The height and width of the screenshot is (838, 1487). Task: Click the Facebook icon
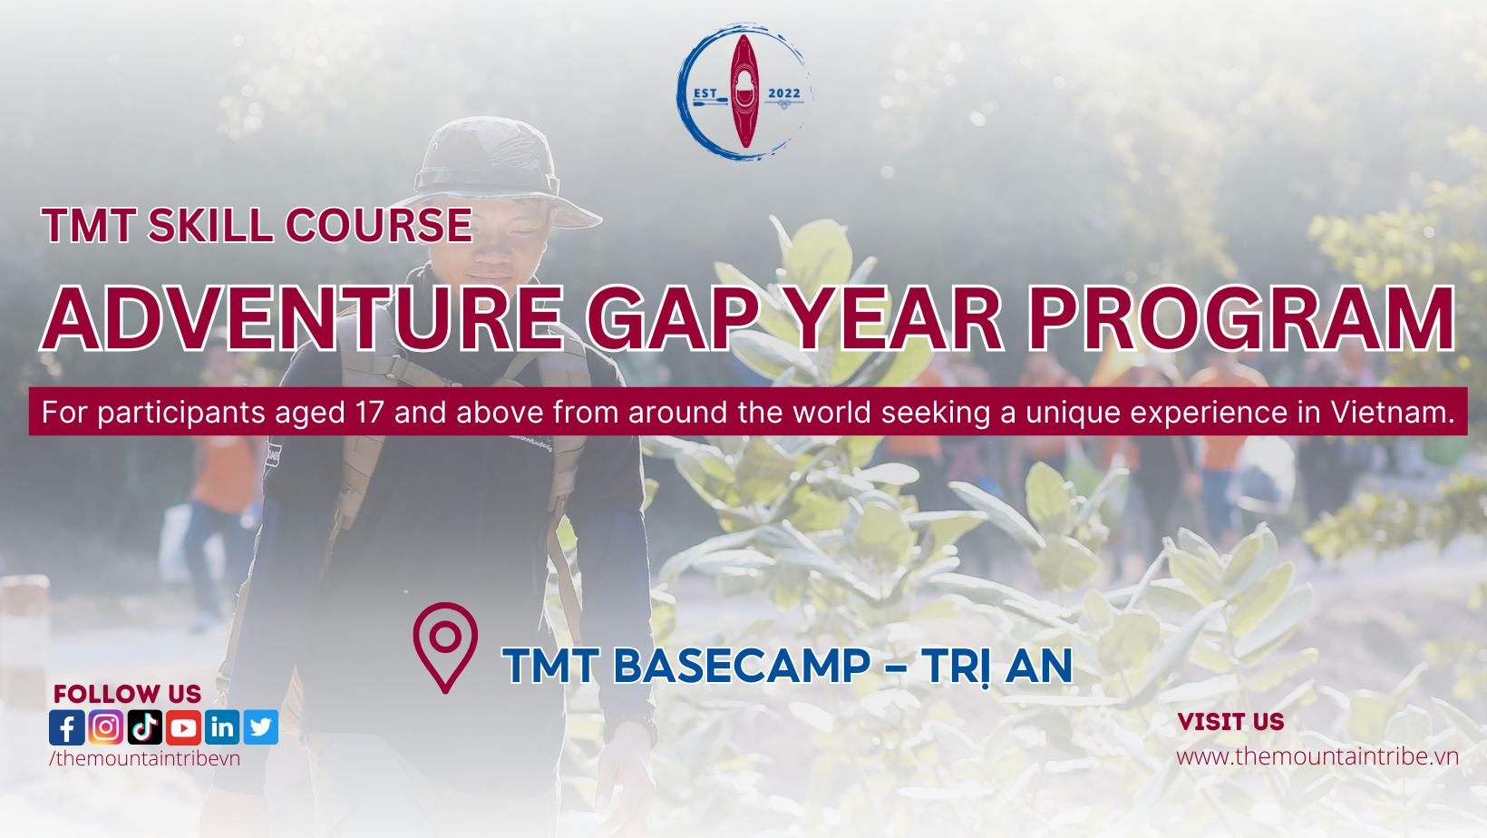point(67,727)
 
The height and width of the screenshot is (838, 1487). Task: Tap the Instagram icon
point(106,727)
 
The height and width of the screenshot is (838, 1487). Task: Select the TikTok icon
point(145,727)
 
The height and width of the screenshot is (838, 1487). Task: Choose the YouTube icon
point(183,727)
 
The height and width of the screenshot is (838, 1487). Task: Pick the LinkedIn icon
point(222,727)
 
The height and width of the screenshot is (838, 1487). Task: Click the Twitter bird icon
point(261,727)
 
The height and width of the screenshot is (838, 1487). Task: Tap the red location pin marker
point(445,646)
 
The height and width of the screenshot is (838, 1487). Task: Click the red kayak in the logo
point(744,92)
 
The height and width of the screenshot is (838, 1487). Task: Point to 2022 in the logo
point(784,93)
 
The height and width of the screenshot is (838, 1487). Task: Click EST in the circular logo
point(705,93)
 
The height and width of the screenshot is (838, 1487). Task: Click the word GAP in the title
point(673,319)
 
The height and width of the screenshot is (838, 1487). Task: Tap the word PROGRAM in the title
point(1240,319)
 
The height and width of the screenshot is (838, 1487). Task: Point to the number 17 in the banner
point(370,413)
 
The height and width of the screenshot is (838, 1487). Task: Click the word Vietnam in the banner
point(1392,413)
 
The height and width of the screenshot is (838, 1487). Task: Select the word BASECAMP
point(742,667)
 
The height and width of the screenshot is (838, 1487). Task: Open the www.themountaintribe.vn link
point(1317,756)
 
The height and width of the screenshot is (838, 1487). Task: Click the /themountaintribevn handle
point(145,758)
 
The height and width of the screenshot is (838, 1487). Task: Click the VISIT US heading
point(1230,722)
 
